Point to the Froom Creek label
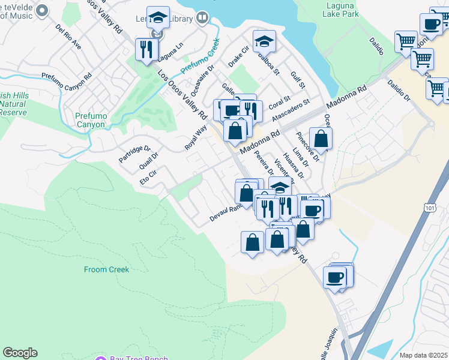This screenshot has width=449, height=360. pos(106,269)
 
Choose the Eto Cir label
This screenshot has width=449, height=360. pos(148,178)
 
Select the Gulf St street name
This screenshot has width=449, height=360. pos(298,80)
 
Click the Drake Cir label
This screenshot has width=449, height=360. pos(238,55)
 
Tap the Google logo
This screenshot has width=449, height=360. pos(20,353)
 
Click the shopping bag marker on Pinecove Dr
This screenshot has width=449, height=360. pos(321,139)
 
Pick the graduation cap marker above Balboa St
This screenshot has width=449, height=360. pos(264,41)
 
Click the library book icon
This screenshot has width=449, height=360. pos(202,19)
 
